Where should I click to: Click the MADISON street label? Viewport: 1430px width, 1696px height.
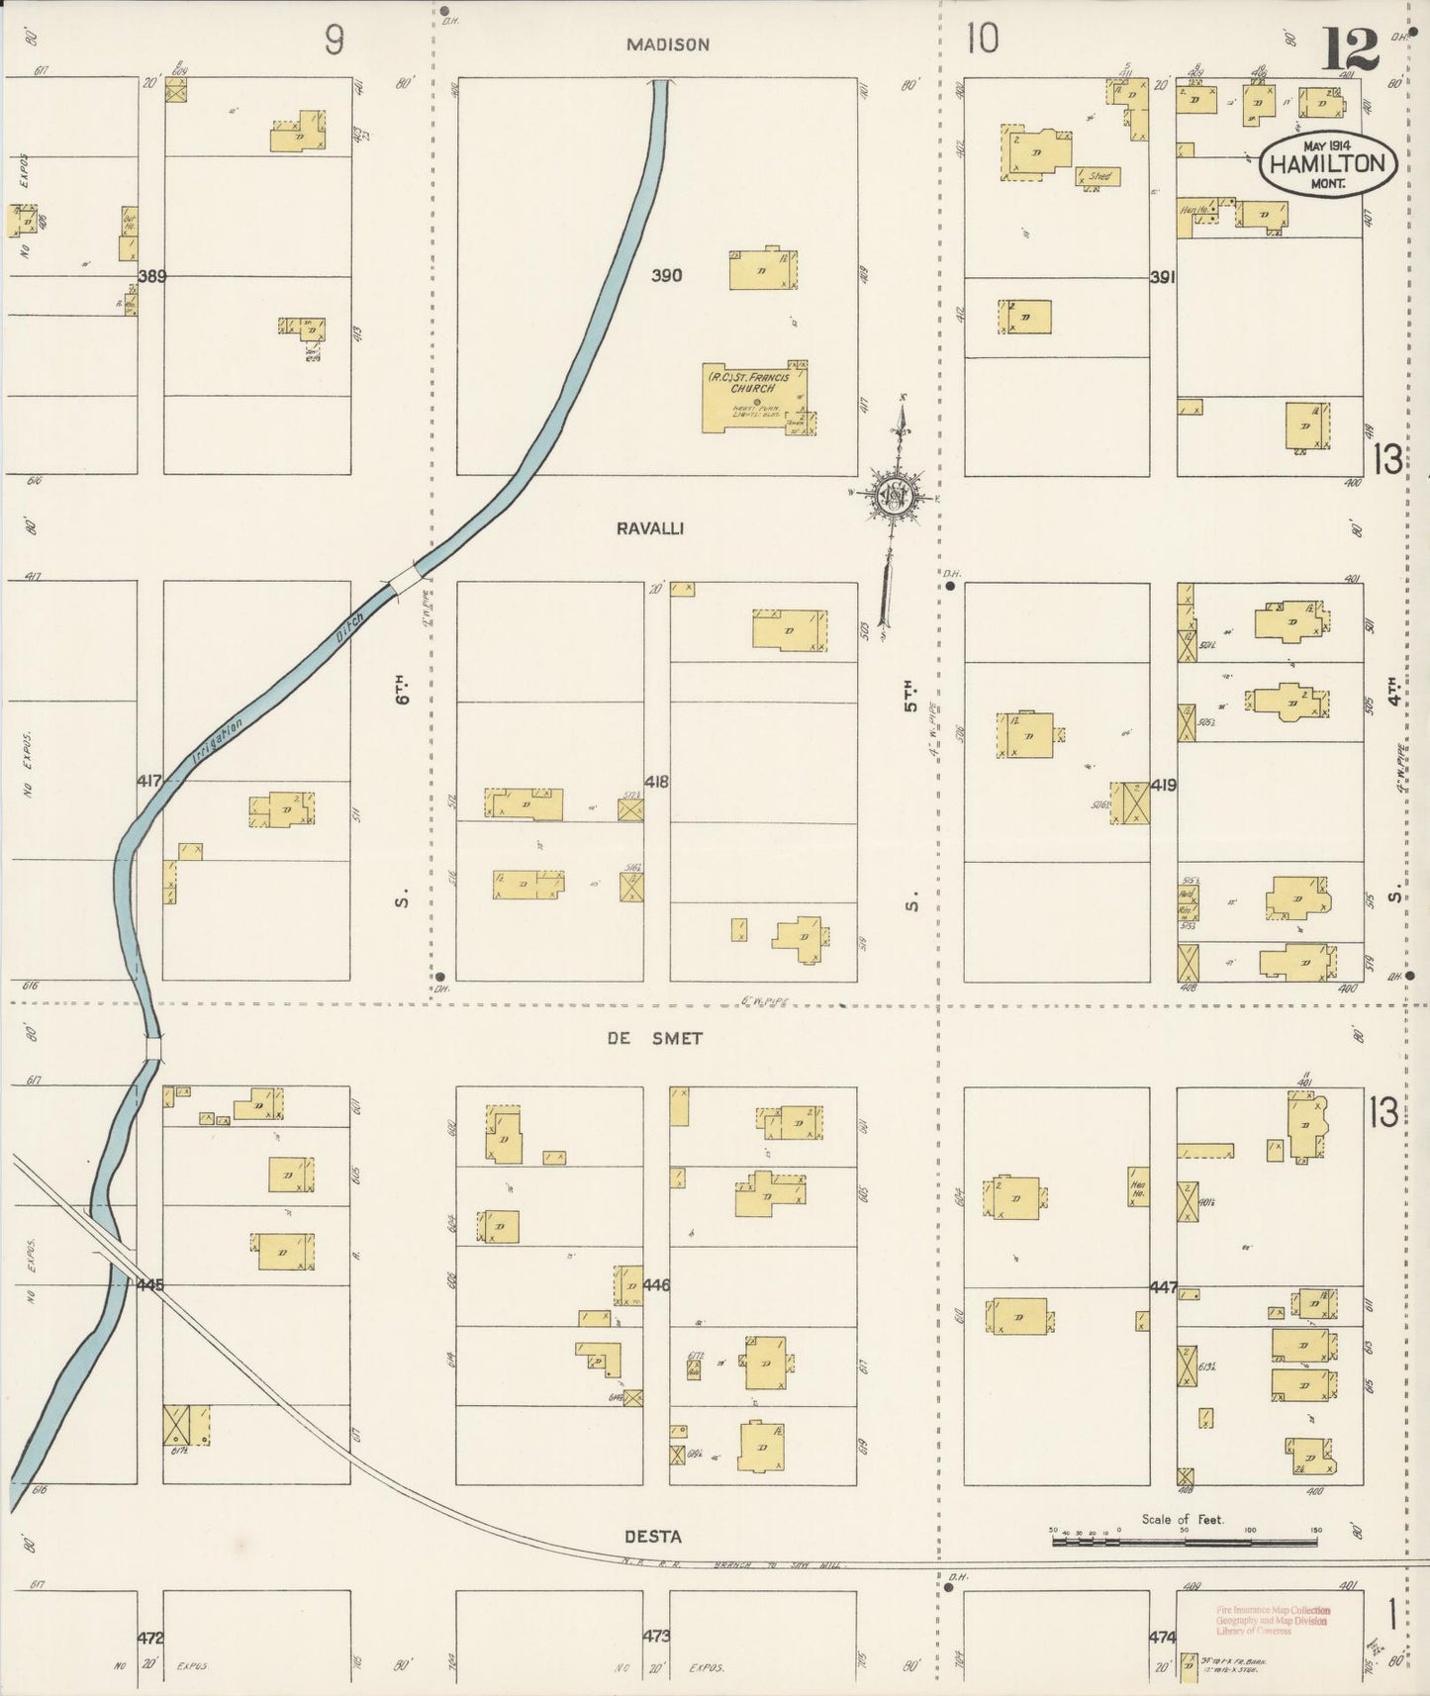point(668,45)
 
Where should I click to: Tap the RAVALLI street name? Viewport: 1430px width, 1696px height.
point(650,528)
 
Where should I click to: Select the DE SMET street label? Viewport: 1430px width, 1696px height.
point(654,1038)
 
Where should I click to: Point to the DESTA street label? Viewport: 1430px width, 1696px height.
point(652,1537)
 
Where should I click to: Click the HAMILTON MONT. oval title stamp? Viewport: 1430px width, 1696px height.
point(1328,165)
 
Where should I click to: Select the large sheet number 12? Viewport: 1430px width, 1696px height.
point(1349,49)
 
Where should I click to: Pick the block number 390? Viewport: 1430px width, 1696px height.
point(666,275)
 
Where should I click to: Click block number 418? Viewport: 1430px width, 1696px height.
point(656,782)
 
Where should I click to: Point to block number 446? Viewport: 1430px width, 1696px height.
point(656,1285)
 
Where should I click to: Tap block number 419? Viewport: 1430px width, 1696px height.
point(1164,786)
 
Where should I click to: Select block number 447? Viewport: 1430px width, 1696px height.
point(1164,1287)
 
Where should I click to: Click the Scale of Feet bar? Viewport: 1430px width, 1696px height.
point(1184,1540)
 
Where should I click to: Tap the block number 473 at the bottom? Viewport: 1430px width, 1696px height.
point(656,1637)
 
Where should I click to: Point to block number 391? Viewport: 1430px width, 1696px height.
point(1162,278)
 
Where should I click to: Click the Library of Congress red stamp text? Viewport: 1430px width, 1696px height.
point(1274,1621)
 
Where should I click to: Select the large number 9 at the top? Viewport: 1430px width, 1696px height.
point(334,41)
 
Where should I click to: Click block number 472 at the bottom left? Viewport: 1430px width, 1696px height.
point(150,1638)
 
